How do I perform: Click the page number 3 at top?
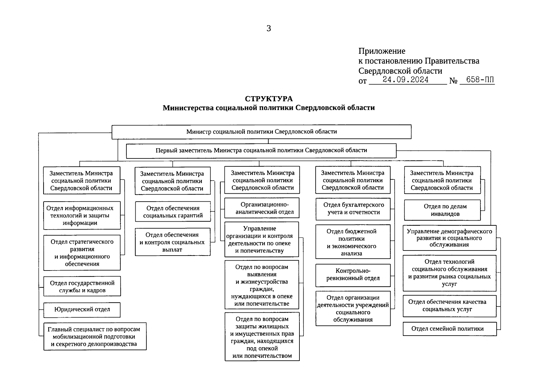click(269, 29)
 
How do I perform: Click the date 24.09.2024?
click(406, 80)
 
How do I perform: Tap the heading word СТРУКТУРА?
click(269, 99)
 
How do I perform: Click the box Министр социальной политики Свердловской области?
click(261, 132)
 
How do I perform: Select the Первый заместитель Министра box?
click(261, 150)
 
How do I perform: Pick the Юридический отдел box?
click(82, 310)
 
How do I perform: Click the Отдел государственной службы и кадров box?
click(82, 287)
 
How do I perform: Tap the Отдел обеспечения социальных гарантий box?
click(173, 212)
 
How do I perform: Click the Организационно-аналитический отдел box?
click(262, 208)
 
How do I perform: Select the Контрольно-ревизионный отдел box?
click(353, 275)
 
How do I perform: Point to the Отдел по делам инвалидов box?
click(442, 210)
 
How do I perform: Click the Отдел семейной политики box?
click(449, 329)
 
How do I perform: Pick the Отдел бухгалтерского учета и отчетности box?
click(353, 209)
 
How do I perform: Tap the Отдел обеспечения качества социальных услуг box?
click(449, 305)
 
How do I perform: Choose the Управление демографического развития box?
click(449, 238)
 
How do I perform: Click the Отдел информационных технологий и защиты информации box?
click(82, 215)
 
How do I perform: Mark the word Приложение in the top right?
click(382, 51)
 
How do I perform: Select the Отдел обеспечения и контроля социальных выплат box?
click(172, 242)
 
